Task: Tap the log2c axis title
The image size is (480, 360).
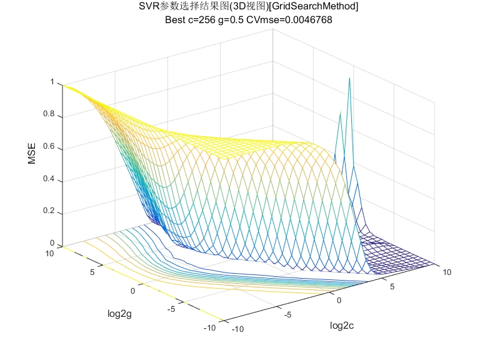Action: tap(345, 326)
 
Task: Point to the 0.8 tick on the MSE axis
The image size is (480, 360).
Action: tap(49, 115)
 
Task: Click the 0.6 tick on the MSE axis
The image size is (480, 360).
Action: tap(49, 147)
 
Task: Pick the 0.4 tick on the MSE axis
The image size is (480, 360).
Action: tap(49, 180)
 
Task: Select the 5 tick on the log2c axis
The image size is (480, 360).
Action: tap(394, 286)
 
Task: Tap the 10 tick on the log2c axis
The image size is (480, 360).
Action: tap(447, 272)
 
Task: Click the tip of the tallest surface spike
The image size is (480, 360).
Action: tap(349, 77)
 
